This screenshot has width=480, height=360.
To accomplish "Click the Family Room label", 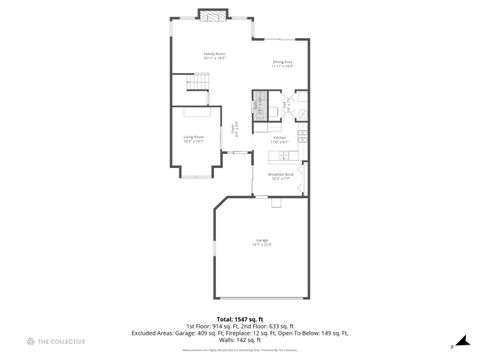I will [x=214, y=54].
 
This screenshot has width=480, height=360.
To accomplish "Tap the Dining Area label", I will [x=283, y=63].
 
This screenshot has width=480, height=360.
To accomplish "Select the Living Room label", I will [x=193, y=138].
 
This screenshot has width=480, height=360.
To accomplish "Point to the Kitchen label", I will [x=281, y=140].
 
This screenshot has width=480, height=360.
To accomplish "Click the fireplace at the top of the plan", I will [x=211, y=15].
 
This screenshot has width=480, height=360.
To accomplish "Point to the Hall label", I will [x=285, y=103].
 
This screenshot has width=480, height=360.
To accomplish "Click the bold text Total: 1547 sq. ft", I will [x=240, y=319].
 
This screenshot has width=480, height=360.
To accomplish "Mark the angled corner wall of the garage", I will [x=221, y=204].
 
